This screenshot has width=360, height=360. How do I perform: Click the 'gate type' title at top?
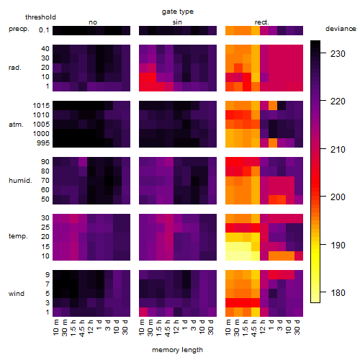coord(178,12)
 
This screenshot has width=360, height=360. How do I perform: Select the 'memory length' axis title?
coord(177,350)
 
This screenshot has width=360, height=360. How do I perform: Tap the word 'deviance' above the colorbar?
coord(341,29)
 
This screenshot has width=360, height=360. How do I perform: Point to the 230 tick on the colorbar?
coord(323,53)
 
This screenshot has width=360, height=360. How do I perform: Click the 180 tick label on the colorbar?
coord(338,293)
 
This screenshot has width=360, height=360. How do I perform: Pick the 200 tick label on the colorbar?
coord(338,197)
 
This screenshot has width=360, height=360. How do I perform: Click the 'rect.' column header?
coord(262,22)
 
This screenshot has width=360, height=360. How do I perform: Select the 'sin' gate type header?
coord(177,22)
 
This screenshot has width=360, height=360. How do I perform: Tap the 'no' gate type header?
coord(93,22)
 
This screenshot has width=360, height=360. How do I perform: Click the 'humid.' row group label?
coord(20,181)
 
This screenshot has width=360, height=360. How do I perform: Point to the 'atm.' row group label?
coord(16,125)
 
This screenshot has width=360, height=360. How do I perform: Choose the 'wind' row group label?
coord(17,294)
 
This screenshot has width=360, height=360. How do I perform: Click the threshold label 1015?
coord(41,106)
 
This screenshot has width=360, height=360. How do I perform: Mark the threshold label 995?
coord(43,143)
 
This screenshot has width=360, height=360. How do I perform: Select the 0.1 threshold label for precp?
coord(44,30)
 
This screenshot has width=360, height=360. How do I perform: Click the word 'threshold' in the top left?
coord(40,17)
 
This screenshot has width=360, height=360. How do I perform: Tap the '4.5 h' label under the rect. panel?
coord(254,328)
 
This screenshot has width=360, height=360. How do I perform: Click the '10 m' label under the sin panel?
coord(142,328)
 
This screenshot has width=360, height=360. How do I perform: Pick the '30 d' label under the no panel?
coord(125,327)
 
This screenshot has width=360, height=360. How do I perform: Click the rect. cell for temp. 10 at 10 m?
coord(230,256)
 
